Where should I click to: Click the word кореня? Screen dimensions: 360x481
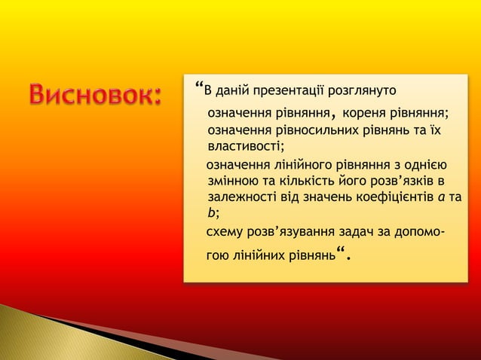click(x=363, y=114)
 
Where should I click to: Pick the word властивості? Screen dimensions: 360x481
click(x=244, y=147)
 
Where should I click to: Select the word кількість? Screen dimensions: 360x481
click(x=299, y=182)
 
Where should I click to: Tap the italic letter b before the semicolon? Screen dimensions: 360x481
click(x=211, y=212)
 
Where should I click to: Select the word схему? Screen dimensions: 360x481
click(x=225, y=230)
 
